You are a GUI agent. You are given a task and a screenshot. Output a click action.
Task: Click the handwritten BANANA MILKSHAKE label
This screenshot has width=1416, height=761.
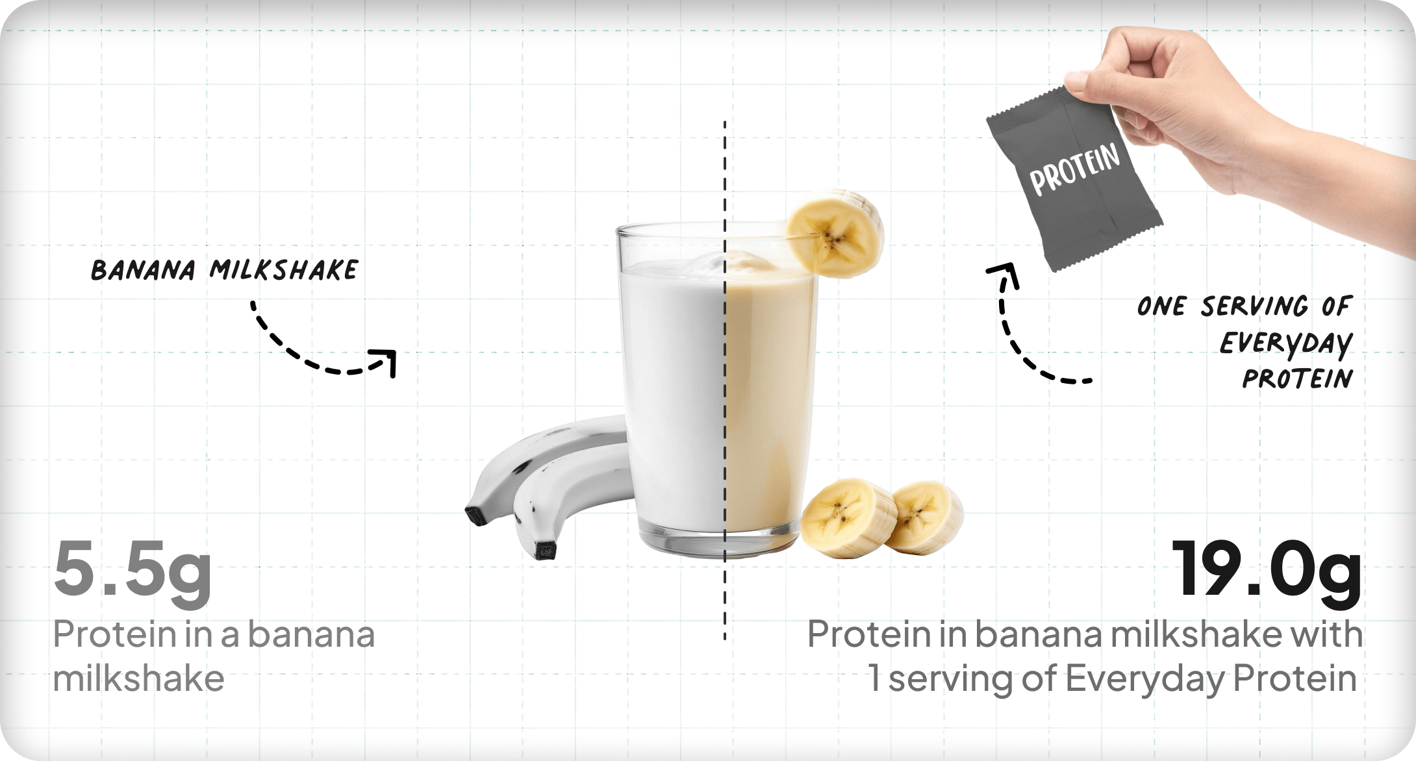(x=224, y=270)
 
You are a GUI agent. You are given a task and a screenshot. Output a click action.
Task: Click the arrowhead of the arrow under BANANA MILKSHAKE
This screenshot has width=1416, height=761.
(x=385, y=361)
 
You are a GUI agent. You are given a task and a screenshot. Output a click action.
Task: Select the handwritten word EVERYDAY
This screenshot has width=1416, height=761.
(x=1286, y=343)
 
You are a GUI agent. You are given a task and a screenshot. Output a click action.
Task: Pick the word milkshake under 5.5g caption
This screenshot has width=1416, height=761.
(x=138, y=679)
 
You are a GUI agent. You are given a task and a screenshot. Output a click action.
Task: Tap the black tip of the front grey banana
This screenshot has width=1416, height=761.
(x=546, y=551)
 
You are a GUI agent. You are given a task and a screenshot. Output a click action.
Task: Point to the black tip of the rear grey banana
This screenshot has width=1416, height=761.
(x=477, y=515)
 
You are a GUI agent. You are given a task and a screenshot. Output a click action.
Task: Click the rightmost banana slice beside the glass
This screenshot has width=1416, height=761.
(x=926, y=517)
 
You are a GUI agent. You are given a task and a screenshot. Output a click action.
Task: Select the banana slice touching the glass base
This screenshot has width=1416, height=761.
(x=847, y=518)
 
